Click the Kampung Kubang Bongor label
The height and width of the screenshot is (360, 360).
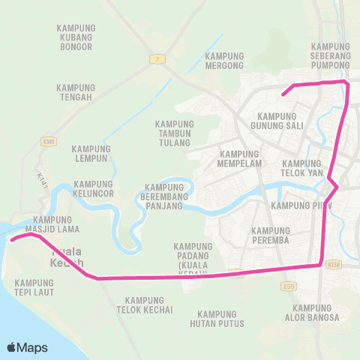click(75, 37)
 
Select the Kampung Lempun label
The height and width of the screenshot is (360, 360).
click(92, 153)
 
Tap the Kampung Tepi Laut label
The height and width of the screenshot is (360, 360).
click(34, 287)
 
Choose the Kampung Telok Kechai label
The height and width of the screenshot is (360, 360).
click(149, 304)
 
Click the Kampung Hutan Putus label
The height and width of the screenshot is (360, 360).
click(222, 319)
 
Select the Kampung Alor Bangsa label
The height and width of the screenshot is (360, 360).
click(316, 313)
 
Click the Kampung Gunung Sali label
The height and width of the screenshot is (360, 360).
click(282, 121)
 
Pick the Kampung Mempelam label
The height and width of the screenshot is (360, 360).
click(239, 158)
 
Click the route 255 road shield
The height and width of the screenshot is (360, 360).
click(289, 286)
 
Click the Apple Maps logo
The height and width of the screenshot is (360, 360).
click(27, 347)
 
